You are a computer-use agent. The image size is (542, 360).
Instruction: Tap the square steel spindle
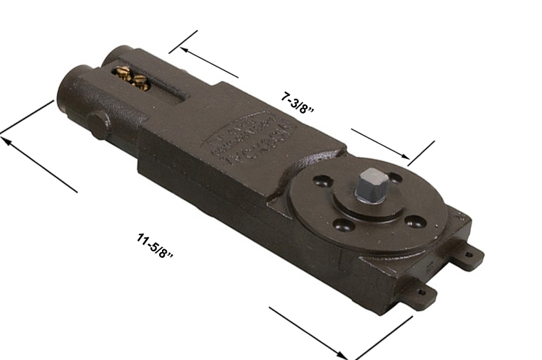pos(370,186)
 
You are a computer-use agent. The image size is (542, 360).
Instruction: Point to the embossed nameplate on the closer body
pos(248,140)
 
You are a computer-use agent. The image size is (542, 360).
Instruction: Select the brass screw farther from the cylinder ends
pos(141,83)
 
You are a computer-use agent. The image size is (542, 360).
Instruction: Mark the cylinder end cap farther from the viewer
pos(116,56)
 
